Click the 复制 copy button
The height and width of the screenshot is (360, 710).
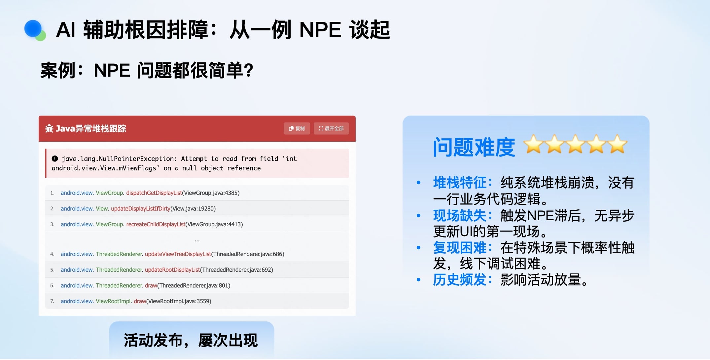(x=297, y=128)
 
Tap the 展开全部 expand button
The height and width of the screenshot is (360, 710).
(x=331, y=128)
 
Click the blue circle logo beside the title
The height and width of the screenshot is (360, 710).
(x=33, y=28)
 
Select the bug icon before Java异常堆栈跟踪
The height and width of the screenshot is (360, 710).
(x=49, y=128)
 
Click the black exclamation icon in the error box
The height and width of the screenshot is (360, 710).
(x=55, y=159)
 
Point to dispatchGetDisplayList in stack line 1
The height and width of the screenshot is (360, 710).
(x=154, y=193)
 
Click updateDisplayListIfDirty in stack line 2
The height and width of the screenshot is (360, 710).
(x=141, y=209)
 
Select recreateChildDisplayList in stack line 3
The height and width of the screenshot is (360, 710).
(x=156, y=225)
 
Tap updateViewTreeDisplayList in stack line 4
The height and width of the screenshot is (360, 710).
(x=178, y=254)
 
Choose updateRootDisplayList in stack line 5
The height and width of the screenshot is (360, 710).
(x=172, y=270)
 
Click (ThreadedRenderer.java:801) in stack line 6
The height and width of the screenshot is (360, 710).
(x=194, y=286)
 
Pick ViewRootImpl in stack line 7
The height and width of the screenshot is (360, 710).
(x=114, y=301)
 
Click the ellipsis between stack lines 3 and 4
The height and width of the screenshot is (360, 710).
(x=197, y=241)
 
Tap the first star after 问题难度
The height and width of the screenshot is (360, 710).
(x=534, y=144)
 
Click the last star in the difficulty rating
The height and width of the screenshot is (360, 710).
(x=617, y=144)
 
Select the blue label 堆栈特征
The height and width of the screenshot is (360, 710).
(x=460, y=183)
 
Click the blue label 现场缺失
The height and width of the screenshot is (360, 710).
(x=460, y=216)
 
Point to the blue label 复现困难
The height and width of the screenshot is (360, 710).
(x=460, y=248)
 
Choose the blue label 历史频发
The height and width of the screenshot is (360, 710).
(x=460, y=280)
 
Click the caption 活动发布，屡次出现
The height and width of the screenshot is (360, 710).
(x=191, y=340)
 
